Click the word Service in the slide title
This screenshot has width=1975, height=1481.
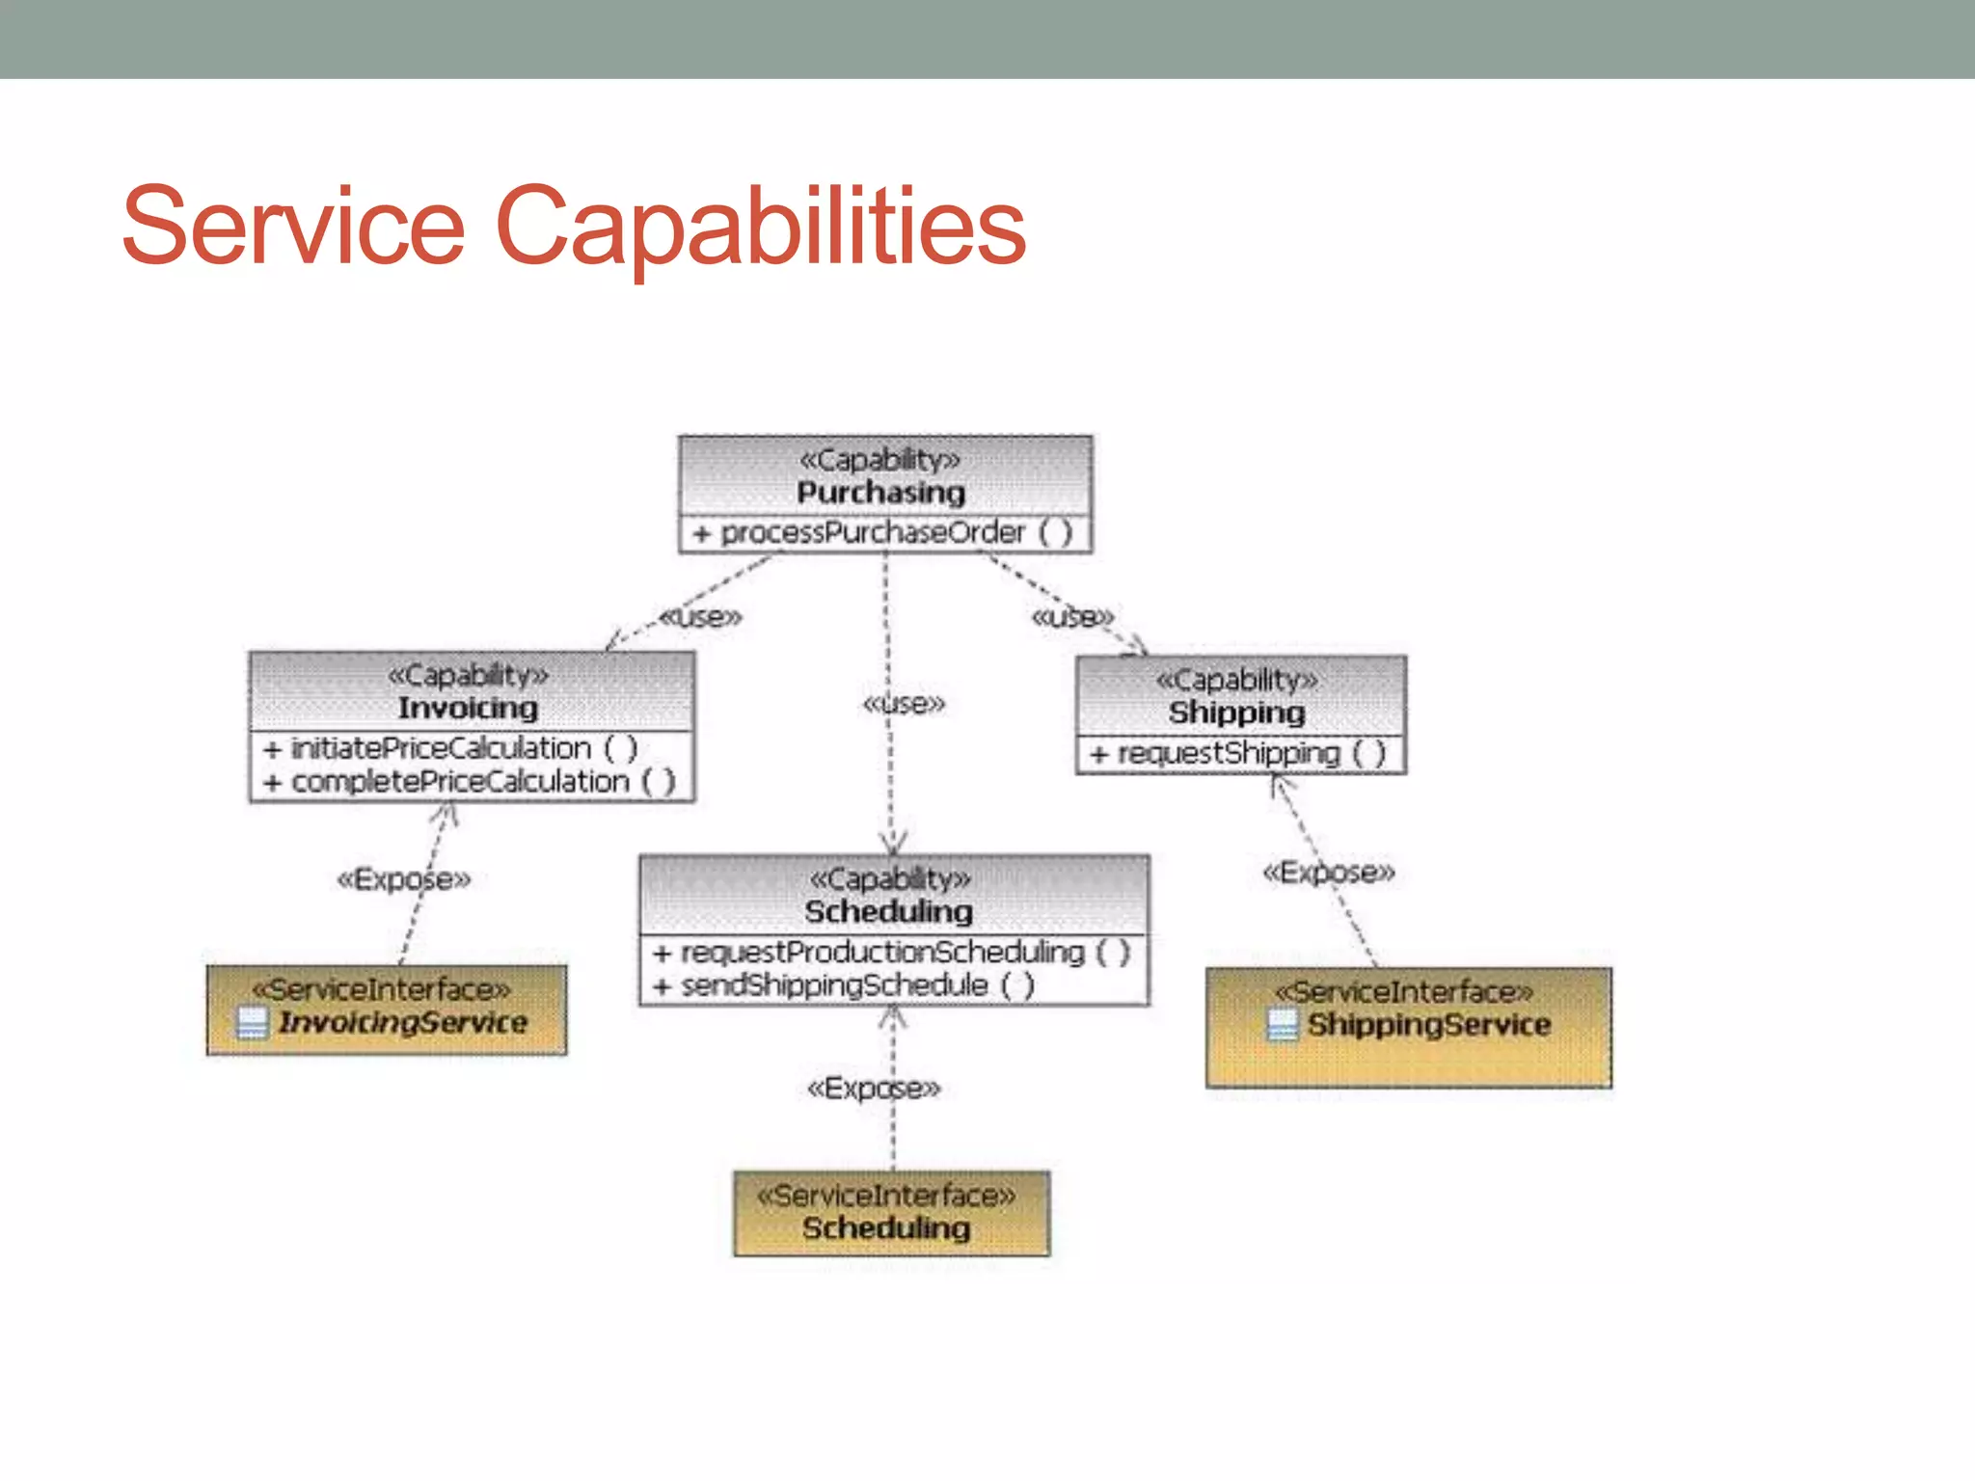tap(294, 226)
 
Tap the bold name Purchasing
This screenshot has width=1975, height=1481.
tap(880, 493)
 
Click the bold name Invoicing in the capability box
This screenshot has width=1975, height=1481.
tap(468, 708)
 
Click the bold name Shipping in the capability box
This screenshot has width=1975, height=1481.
tap(1236, 713)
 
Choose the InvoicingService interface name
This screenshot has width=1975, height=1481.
tap(403, 1023)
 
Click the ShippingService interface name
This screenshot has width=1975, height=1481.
tap(1428, 1025)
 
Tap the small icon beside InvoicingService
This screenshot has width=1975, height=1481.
tap(252, 1023)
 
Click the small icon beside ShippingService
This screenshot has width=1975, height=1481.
tap(1282, 1025)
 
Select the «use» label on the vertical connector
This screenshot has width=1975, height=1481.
tap(904, 704)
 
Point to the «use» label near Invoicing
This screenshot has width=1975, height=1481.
tap(700, 617)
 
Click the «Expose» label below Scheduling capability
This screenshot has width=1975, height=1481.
tap(873, 1089)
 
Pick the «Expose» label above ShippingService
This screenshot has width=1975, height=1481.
tap(1328, 873)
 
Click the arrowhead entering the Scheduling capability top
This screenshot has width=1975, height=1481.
tap(893, 845)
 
